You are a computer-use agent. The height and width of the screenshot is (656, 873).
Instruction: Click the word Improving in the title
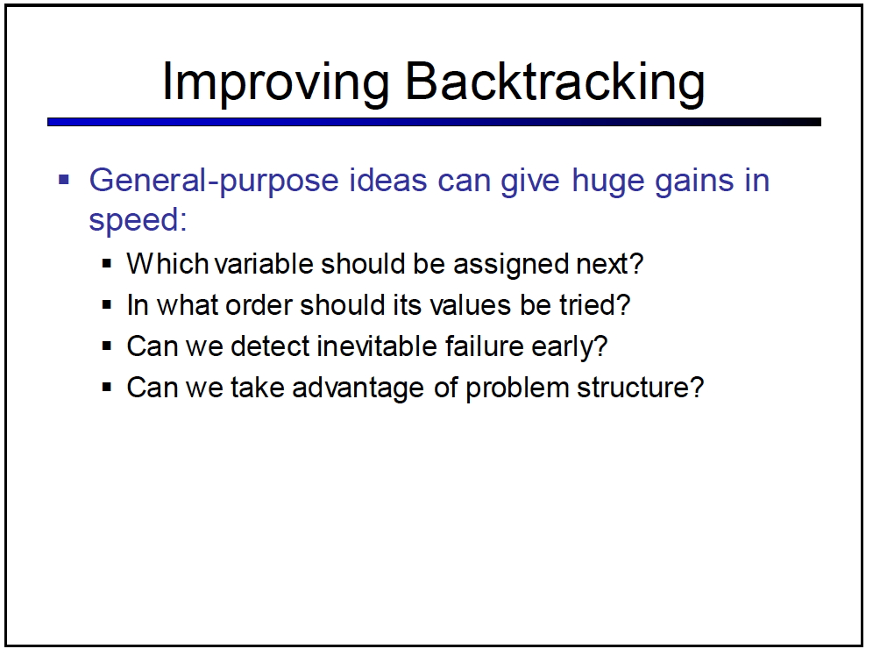click(x=275, y=83)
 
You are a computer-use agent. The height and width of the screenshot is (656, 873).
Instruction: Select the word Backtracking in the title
click(x=555, y=82)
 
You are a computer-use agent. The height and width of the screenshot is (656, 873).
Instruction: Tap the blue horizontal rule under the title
click(x=434, y=122)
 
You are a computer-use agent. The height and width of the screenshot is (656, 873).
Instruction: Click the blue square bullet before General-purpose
click(x=64, y=179)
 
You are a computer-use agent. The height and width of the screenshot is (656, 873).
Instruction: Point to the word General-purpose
click(x=215, y=182)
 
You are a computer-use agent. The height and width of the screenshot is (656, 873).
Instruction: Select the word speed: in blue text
click(x=138, y=220)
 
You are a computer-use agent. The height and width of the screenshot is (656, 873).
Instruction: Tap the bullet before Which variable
click(x=107, y=263)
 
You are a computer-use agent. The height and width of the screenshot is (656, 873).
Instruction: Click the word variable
click(x=264, y=263)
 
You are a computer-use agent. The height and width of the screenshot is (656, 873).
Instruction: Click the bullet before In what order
click(x=107, y=304)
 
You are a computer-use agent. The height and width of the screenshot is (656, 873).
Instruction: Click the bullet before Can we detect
click(x=107, y=346)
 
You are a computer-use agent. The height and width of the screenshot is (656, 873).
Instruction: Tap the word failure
click(x=485, y=346)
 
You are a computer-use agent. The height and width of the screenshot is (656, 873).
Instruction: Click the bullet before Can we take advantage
click(x=107, y=387)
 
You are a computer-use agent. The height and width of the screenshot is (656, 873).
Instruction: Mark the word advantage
click(x=358, y=389)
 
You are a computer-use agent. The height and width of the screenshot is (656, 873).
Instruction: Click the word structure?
click(x=640, y=389)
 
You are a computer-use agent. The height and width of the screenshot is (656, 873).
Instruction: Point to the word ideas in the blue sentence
click(x=387, y=181)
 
